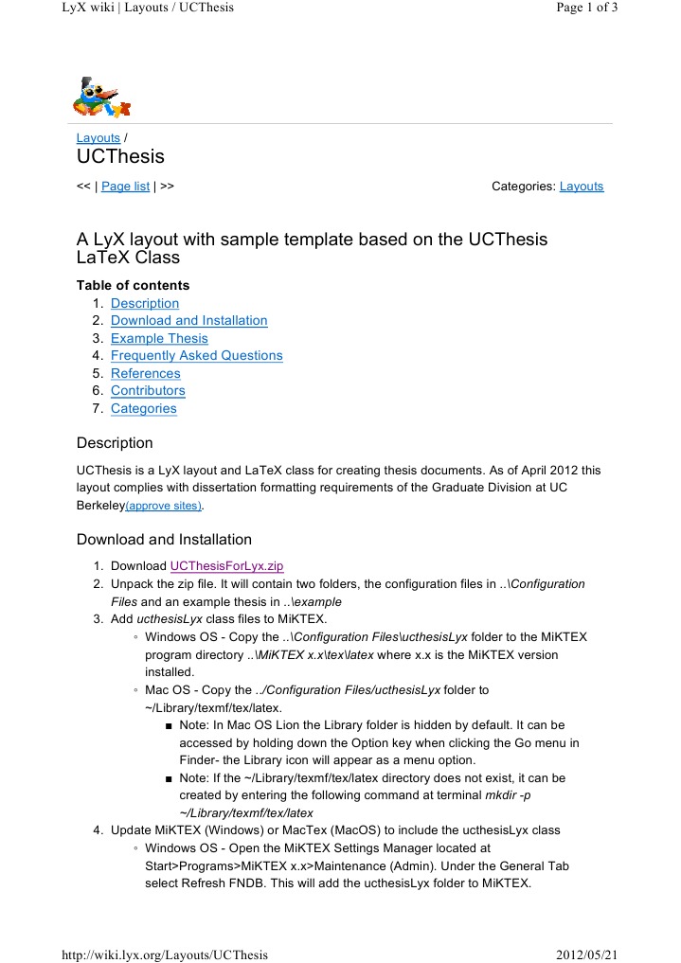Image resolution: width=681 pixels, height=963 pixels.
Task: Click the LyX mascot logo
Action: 100,96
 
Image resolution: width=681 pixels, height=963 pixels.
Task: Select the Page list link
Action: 125,187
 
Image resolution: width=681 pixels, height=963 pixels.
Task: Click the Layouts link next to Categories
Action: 581,187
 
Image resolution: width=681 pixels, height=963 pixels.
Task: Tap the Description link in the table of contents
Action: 144,303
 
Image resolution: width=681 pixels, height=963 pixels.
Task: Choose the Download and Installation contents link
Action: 188,321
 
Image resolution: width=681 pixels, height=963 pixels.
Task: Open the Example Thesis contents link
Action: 159,338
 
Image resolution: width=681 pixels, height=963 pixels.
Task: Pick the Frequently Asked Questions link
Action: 196,356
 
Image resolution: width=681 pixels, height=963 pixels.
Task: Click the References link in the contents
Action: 145,373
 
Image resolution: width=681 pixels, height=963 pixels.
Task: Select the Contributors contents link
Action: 148,391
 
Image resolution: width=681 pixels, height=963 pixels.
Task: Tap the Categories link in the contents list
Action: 143,408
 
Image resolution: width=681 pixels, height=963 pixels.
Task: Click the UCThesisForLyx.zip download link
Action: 226,566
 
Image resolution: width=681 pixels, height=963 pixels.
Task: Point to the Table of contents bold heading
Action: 133,285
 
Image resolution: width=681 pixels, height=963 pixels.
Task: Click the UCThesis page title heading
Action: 120,157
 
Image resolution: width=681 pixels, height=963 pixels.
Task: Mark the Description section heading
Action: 114,442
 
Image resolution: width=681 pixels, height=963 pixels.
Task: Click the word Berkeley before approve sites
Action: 100,506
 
